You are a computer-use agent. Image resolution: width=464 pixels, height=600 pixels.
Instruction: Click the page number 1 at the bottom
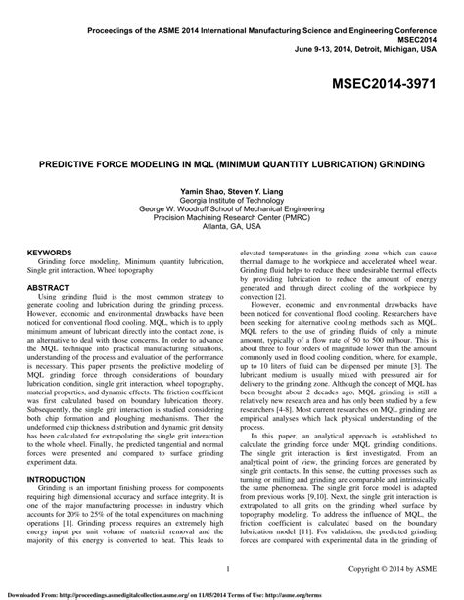(x=227, y=568)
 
